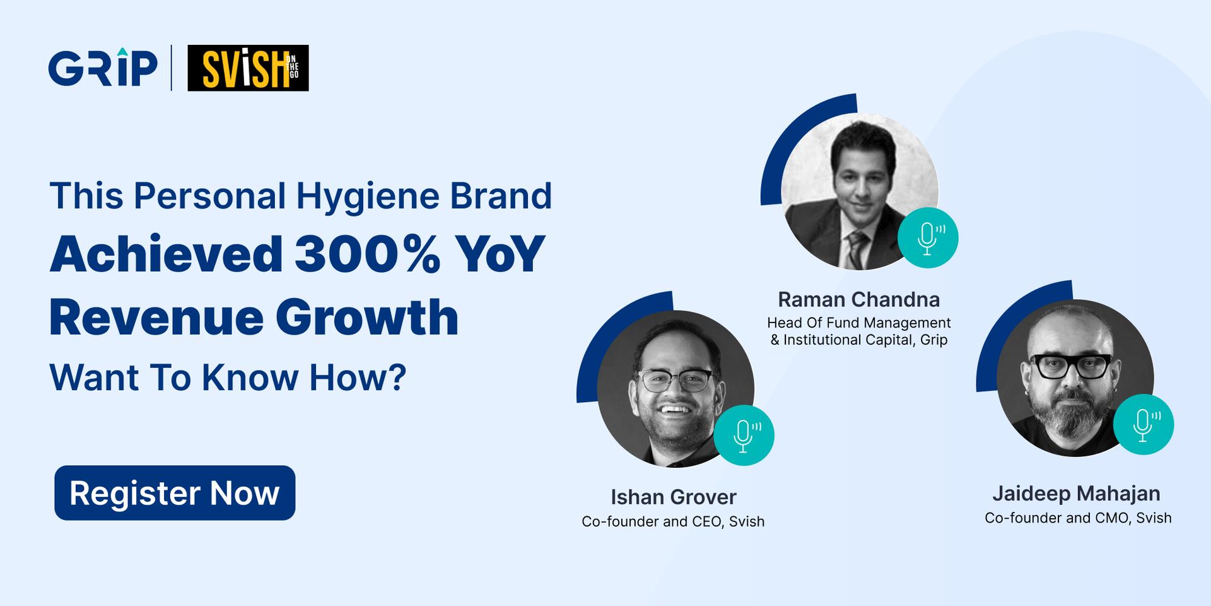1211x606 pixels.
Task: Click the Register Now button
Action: pyautogui.click(x=175, y=493)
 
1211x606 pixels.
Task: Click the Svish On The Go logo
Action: pyautogui.click(x=248, y=68)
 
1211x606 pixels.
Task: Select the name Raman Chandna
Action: pyautogui.click(x=858, y=299)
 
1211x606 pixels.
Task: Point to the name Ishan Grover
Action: pyautogui.click(x=673, y=497)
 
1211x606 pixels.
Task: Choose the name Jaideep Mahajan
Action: pyautogui.click(x=1076, y=494)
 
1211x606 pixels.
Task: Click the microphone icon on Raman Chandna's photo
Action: pyautogui.click(x=928, y=238)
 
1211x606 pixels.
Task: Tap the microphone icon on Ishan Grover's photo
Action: pyautogui.click(x=744, y=436)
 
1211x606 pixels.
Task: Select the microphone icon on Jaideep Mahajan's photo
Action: pyautogui.click(x=1143, y=424)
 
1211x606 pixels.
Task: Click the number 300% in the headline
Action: pyautogui.click(x=367, y=254)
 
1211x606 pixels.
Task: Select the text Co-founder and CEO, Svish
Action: pyautogui.click(x=673, y=521)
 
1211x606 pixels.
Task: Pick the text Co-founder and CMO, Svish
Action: pyautogui.click(x=1078, y=518)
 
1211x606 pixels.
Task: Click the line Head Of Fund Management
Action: pyautogui.click(x=858, y=323)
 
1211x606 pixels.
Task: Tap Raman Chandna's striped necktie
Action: pyautogui.click(x=857, y=249)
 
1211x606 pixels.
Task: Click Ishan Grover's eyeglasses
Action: pyautogui.click(x=676, y=380)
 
